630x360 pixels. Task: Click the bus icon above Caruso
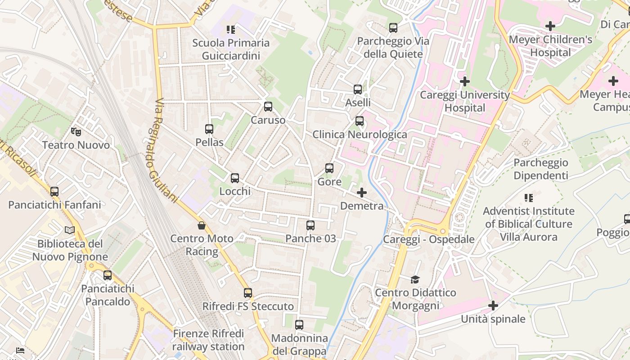(x=268, y=107)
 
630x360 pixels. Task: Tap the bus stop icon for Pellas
(x=209, y=129)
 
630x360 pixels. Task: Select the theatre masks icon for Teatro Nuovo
(x=76, y=132)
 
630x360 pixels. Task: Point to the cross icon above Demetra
(x=361, y=193)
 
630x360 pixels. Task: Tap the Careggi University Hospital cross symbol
(x=465, y=81)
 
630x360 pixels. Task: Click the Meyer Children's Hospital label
(x=550, y=46)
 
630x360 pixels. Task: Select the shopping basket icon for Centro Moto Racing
(x=202, y=225)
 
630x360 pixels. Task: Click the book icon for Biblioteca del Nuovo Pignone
(x=70, y=230)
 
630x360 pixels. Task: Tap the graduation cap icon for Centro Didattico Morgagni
(x=415, y=279)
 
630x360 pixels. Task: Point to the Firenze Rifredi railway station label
(x=208, y=340)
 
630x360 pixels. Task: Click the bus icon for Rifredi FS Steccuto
(x=248, y=293)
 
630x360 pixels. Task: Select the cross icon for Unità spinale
(x=493, y=306)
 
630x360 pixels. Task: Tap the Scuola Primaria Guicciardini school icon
(x=231, y=30)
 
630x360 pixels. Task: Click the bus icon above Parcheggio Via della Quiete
(x=393, y=28)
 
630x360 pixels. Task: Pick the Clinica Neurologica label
(x=360, y=134)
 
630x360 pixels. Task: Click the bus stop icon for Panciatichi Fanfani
(x=54, y=191)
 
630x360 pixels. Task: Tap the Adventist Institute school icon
(x=529, y=198)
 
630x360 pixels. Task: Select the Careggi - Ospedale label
(x=428, y=239)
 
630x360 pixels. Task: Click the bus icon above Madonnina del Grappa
(x=299, y=324)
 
